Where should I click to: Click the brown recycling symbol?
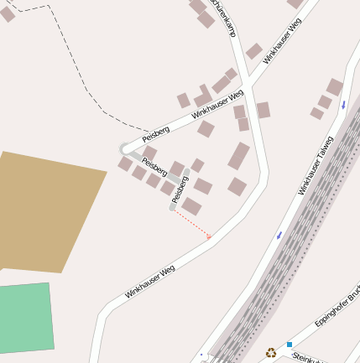click(271, 353)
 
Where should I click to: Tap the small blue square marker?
click(290, 345)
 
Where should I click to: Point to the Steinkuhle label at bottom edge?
click(309, 359)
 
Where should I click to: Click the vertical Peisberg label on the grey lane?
click(180, 189)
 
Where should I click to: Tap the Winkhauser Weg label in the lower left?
click(150, 282)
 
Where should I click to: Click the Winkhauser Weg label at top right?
click(282, 41)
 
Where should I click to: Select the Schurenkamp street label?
click(224, 17)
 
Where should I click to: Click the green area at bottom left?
click(25, 319)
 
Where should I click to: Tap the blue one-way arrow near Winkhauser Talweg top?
click(343, 105)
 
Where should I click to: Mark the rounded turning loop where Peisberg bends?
click(126, 148)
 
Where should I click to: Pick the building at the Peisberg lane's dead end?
click(192, 205)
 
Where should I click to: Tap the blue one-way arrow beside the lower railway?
click(279, 236)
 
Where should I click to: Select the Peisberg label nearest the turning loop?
click(156, 132)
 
